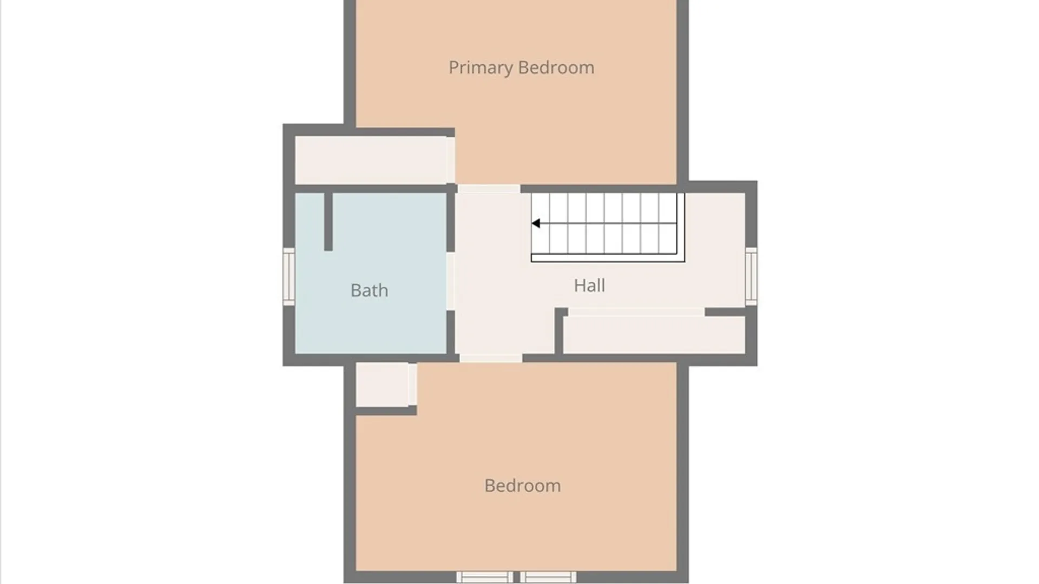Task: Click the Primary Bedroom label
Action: click(521, 68)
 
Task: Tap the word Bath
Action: click(369, 290)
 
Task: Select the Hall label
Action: click(589, 285)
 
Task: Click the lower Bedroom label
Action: click(522, 486)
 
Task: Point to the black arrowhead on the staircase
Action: click(536, 223)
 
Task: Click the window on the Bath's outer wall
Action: click(289, 277)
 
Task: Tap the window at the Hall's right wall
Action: click(751, 276)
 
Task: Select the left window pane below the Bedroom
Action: click(485, 577)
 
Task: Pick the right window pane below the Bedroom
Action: click(548, 577)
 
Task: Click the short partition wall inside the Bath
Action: click(328, 222)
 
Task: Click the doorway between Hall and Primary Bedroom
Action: click(489, 189)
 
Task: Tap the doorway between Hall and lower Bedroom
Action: click(491, 358)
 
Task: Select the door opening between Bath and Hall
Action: click(450, 281)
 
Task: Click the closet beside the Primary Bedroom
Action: click(371, 160)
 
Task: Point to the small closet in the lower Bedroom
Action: click(382, 384)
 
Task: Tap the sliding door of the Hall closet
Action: click(636, 312)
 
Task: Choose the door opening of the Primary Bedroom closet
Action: click(451, 160)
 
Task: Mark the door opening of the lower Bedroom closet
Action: click(412, 384)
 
